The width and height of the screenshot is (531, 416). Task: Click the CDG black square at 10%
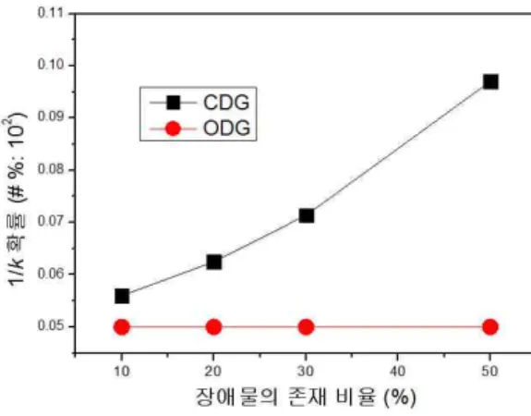tap(122, 297)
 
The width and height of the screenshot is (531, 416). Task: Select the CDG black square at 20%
tap(213, 262)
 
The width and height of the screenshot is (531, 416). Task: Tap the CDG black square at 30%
tap(307, 215)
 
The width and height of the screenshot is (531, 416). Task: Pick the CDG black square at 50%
tap(490, 81)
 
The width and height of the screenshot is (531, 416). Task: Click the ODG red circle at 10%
tap(122, 327)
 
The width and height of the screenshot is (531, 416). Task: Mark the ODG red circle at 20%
tap(213, 327)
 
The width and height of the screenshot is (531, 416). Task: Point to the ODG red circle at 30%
tap(306, 327)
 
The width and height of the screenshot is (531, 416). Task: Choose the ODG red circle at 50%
tap(490, 327)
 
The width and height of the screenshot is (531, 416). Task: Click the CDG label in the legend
tap(226, 102)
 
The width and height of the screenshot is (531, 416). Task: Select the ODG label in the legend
tap(226, 128)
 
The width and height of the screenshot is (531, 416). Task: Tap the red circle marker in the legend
tap(173, 128)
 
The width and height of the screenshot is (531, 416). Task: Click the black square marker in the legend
tap(173, 103)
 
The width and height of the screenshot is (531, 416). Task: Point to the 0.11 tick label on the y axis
tap(51, 13)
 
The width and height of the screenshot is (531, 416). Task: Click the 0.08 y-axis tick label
tap(51, 169)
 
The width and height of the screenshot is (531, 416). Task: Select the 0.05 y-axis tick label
tap(51, 325)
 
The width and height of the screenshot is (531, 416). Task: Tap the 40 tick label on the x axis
tap(398, 372)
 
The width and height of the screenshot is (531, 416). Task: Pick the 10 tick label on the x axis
tap(122, 372)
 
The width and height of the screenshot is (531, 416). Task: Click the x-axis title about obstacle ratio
tap(306, 397)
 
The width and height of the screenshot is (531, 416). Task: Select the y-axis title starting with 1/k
tap(16, 199)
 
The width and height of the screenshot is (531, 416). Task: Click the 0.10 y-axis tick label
tap(51, 65)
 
